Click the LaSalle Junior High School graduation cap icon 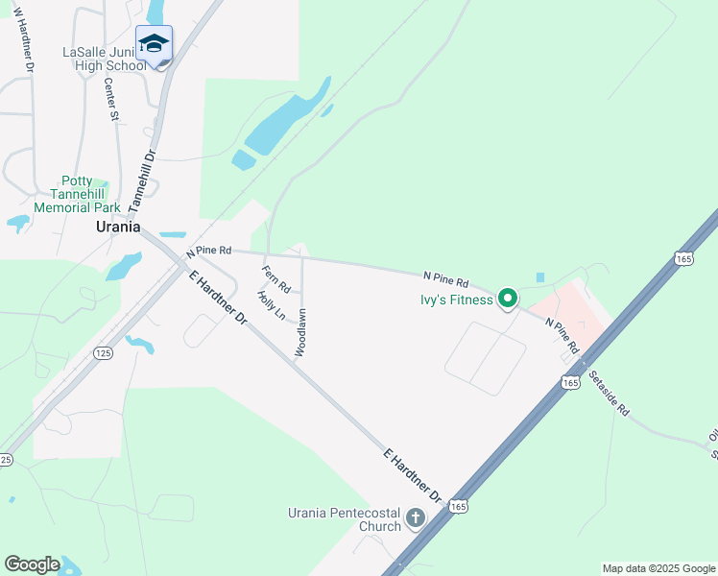[x=154, y=44]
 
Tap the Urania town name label [x=118, y=228]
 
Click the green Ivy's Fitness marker [x=508, y=299]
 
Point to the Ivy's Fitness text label [x=456, y=300]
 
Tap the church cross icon [x=415, y=519]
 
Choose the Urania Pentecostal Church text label [x=346, y=519]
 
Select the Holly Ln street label [x=272, y=306]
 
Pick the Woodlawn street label [x=300, y=332]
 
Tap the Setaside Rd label [x=609, y=394]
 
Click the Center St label [x=110, y=100]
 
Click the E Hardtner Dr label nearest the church [x=412, y=476]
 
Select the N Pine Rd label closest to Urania [x=209, y=251]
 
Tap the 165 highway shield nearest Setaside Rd [x=571, y=382]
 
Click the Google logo [x=32, y=564]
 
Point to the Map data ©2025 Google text [x=658, y=568]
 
